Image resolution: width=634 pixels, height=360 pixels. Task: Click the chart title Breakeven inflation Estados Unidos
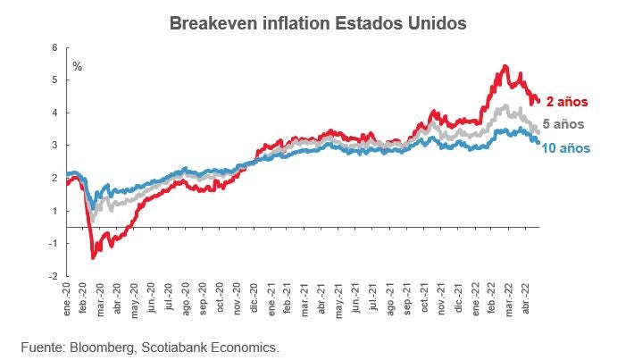(x=317, y=24)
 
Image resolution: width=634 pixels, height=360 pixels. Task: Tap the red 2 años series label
(x=567, y=102)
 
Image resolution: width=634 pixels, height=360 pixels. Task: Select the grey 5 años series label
(x=563, y=124)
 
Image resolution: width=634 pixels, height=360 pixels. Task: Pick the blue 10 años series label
(x=566, y=147)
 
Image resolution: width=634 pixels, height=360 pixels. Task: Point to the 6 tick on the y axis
(x=54, y=47)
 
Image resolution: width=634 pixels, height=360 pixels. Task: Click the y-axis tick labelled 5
(x=54, y=80)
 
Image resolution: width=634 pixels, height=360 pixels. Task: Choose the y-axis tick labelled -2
(x=53, y=276)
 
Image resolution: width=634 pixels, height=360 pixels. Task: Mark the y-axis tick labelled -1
(x=53, y=244)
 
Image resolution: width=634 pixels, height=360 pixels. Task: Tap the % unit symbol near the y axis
(x=77, y=66)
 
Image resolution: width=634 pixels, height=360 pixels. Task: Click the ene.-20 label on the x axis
(x=67, y=301)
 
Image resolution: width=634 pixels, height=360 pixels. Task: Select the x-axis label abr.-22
(x=531, y=301)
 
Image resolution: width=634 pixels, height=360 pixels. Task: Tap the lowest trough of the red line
(x=93, y=257)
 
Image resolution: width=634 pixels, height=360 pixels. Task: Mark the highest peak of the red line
(x=505, y=66)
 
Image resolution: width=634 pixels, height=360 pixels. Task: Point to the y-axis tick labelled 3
(x=54, y=145)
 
